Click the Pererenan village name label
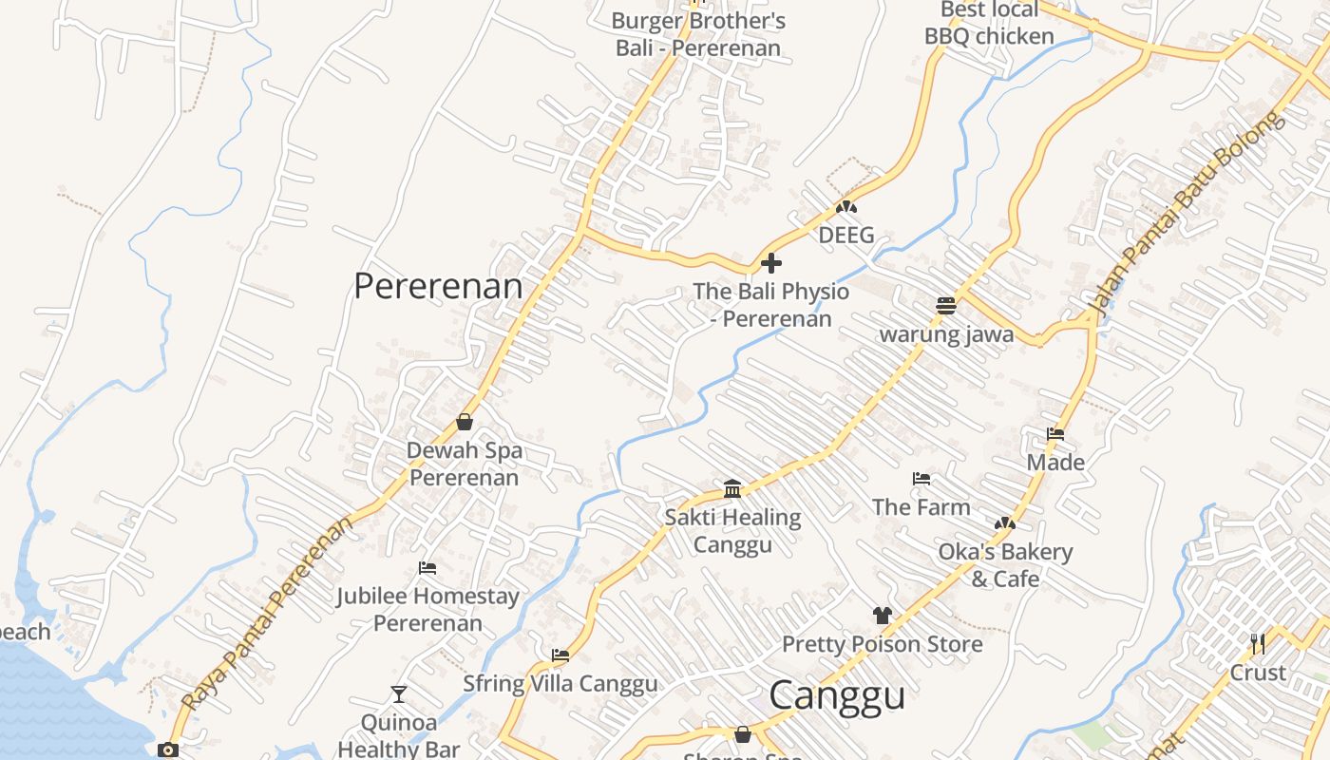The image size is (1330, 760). tap(438, 286)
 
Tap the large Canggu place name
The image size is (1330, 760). tap(836, 695)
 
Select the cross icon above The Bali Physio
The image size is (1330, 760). tap(771, 262)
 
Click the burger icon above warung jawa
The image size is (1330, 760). tap(945, 305)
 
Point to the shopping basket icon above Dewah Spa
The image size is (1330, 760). tap(465, 422)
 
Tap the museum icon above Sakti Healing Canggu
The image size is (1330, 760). tap(732, 488)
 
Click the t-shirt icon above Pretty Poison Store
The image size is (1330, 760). tap(882, 616)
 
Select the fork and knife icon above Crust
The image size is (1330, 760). tap(1258, 644)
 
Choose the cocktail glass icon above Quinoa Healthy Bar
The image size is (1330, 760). tap(399, 694)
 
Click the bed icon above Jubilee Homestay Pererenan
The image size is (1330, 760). tap(427, 568)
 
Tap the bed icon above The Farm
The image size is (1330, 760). tap(921, 478)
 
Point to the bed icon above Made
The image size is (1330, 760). tap(1054, 434)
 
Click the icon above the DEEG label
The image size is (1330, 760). tap(845, 206)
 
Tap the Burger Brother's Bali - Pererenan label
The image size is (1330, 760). tap(698, 34)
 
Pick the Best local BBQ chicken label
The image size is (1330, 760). tap(989, 23)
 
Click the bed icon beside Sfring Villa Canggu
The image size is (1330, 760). tap(560, 655)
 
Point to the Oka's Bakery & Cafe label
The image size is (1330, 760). tap(1005, 565)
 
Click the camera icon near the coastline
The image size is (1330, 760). tap(168, 750)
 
